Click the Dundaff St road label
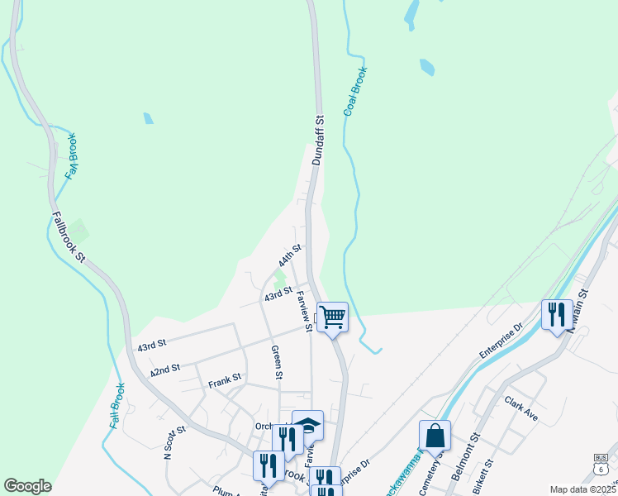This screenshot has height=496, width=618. pos(318,141)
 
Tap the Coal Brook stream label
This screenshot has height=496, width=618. pos(354,91)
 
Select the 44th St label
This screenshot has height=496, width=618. pos(290,254)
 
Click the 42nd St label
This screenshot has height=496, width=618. pos(165,371)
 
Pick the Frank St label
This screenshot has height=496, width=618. pos(224,379)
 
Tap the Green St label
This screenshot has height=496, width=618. pos(277,363)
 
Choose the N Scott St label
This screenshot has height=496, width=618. pos(172,443)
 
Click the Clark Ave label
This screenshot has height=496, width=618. pos(521,408)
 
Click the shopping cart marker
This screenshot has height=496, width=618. pos(332,317)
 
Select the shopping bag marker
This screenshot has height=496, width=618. pos(435,435)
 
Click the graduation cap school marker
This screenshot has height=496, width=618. pos(308,425)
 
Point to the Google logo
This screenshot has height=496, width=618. pos(27,486)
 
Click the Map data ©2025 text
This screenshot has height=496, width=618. pos(582,489)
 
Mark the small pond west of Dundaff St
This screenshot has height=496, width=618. pos(148,118)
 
